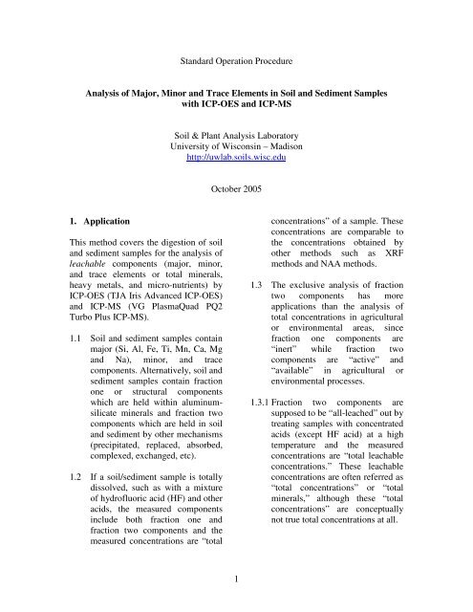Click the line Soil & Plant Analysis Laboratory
click(235, 132)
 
